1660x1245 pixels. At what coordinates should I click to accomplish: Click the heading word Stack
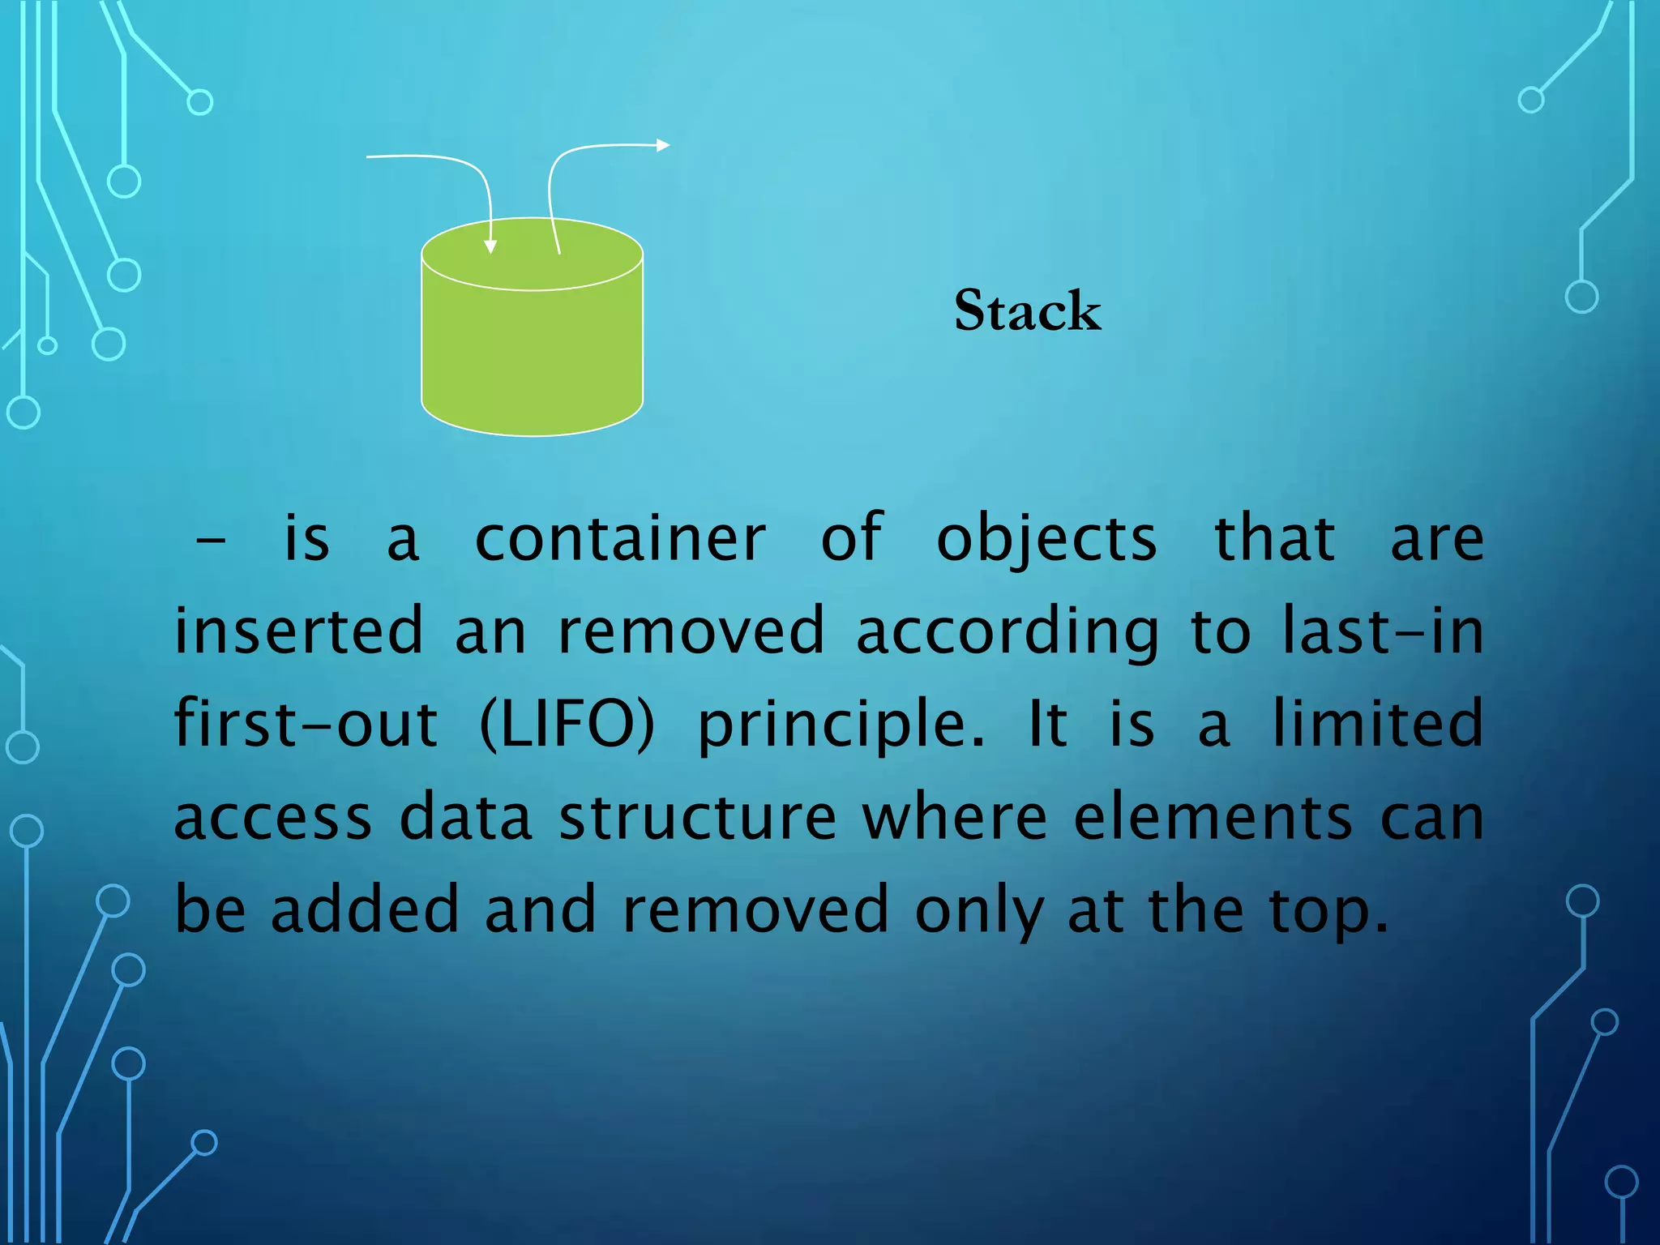click(x=1027, y=310)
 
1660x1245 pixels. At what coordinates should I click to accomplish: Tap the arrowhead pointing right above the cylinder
click(x=663, y=145)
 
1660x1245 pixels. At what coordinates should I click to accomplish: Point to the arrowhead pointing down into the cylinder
click(x=490, y=246)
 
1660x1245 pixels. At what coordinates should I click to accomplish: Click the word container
click(x=620, y=539)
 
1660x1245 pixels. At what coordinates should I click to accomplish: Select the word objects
click(x=1046, y=539)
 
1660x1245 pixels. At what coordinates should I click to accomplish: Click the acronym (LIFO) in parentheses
click(x=567, y=724)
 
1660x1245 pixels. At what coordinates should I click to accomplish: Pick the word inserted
click(x=299, y=631)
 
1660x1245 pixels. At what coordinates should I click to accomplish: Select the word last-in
click(x=1383, y=631)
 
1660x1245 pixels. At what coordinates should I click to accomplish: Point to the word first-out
click(x=306, y=724)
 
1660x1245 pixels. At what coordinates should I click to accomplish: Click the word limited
click(x=1377, y=724)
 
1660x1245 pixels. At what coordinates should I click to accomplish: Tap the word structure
click(x=698, y=817)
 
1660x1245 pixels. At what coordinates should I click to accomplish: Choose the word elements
click(x=1213, y=817)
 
